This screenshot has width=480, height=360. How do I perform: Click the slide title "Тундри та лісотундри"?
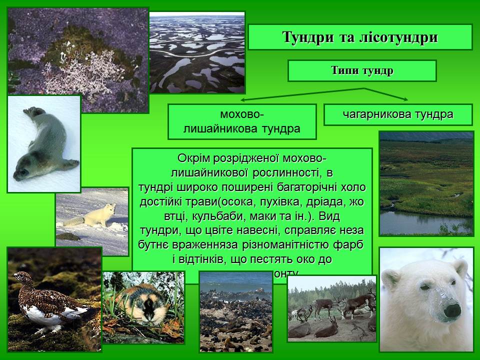point(360,37)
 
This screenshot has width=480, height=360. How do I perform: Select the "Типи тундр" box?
point(362,70)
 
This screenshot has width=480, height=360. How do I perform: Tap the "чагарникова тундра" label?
point(398,114)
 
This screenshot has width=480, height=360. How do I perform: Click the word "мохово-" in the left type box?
point(242,114)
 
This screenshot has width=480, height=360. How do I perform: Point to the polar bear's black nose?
point(452,310)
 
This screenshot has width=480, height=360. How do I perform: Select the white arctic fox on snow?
point(95,215)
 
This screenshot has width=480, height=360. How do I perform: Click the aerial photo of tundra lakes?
point(197,52)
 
